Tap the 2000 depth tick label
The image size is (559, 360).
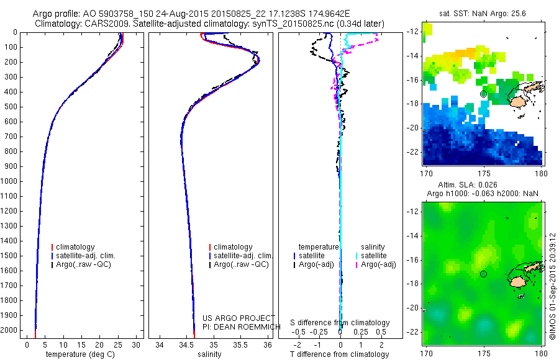[x=11, y=331]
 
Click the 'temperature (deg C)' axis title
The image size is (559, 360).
[x=81, y=354]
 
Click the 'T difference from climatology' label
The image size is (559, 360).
[x=340, y=354]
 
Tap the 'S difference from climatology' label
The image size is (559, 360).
[x=340, y=323]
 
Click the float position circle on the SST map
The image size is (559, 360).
[x=483, y=94]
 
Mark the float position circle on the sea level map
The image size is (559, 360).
[x=483, y=274]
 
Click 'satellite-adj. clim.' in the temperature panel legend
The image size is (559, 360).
[x=90, y=256]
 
